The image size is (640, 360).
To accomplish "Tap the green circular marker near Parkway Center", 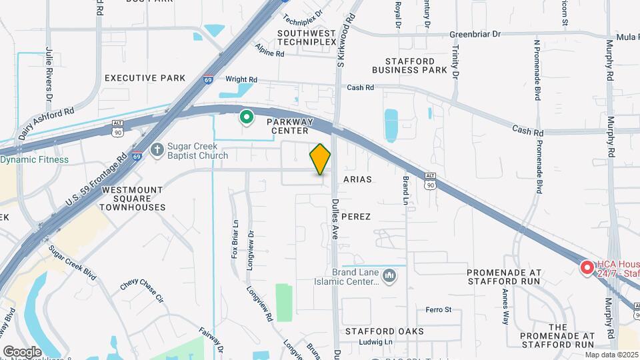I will (246, 119).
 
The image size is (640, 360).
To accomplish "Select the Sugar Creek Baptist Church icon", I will (157, 149).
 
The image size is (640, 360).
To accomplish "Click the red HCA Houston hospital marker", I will (587, 267).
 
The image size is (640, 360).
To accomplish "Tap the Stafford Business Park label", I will (409, 65).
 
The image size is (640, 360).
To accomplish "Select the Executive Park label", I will (145, 78).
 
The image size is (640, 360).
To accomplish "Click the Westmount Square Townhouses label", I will (133, 199).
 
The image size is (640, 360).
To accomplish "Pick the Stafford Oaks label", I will (385, 331).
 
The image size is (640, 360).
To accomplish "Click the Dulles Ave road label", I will (336, 201).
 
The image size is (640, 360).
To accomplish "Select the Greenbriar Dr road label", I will (475, 34).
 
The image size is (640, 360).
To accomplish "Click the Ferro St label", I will (439, 310).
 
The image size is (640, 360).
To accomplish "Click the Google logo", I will (22, 351).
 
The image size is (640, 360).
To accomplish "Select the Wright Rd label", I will (241, 79).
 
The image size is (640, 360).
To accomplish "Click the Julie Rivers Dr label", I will (49, 69).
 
